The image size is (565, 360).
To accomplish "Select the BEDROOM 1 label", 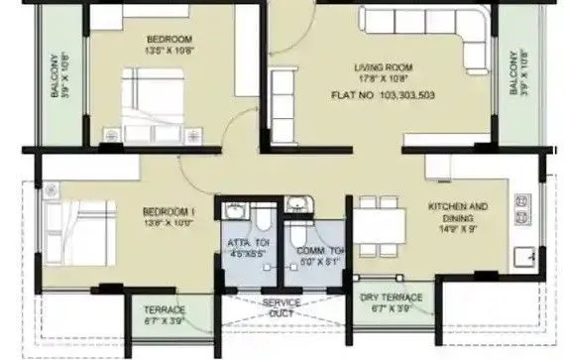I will pos(166,212).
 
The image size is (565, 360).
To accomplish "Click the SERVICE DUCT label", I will pos(282,308).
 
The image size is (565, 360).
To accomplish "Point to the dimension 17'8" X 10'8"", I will pos(382,79).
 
